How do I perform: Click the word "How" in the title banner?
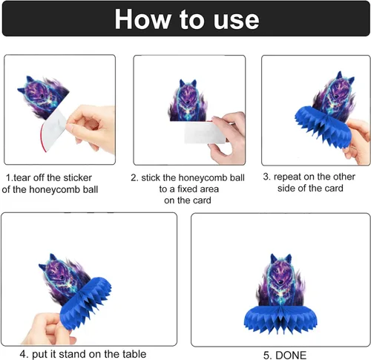(x=143, y=19)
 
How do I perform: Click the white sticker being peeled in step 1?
(x=53, y=130)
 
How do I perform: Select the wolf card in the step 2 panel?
(x=188, y=101)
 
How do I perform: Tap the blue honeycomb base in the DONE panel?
(x=280, y=319)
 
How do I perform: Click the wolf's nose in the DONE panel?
(x=280, y=282)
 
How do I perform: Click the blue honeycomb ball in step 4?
(x=85, y=303)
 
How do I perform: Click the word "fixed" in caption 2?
(x=188, y=189)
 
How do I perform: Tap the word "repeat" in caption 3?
(x=287, y=177)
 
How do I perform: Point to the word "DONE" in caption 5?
(x=291, y=355)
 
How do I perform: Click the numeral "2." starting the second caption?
(x=134, y=178)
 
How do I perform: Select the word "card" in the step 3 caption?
(x=334, y=189)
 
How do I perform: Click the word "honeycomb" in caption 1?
(x=57, y=190)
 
